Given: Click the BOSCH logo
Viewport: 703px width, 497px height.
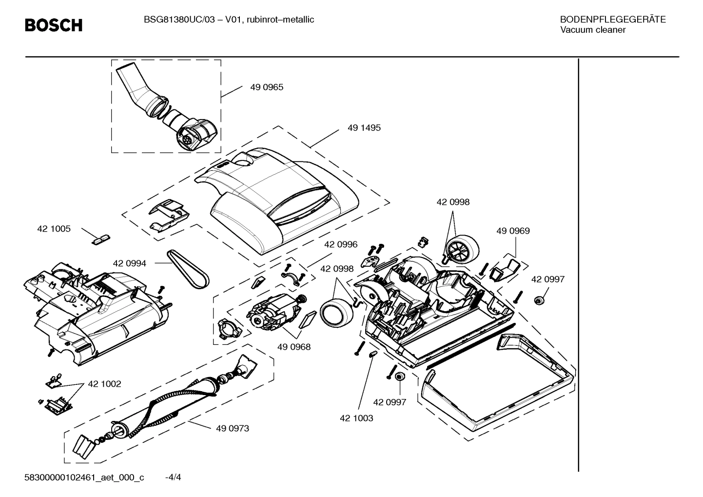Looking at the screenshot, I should pos(54,25).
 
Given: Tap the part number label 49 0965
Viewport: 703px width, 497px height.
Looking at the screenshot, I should pos(267,87).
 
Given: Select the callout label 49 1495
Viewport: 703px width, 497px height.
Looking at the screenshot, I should pos(364,128).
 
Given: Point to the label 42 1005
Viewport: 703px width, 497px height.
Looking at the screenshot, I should pos(54,229).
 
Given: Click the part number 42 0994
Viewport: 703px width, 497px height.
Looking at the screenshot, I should pos(129,263).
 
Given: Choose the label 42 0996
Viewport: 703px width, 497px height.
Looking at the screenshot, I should pos(341,244).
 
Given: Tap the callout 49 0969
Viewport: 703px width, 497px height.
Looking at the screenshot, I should pos(513,231).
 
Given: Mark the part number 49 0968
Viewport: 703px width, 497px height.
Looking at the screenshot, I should pos(294,347).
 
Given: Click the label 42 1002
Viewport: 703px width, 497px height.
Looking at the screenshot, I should pos(104,384).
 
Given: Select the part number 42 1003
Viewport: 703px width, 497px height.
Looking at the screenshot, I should pos(356,418).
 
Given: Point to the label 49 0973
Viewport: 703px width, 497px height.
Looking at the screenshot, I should pos(233,428).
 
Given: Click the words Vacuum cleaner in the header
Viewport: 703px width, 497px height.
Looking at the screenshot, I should pos(593,30).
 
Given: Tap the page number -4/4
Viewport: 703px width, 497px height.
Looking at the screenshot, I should pos(173,477).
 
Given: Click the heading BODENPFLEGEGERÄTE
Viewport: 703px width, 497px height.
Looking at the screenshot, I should pos(613,20).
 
